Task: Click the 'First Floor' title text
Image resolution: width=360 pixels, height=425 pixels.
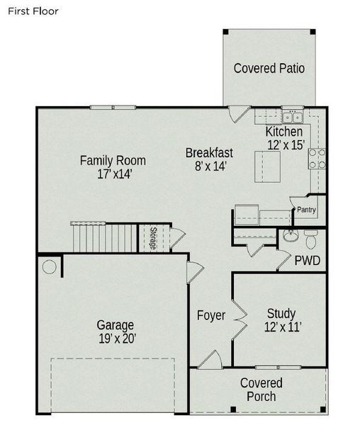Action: click(33, 11)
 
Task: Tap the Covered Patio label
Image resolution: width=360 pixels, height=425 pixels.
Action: click(269, 69)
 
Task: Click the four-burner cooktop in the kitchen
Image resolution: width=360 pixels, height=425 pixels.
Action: click(316, 159)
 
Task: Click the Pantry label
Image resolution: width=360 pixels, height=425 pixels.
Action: click(306, 210)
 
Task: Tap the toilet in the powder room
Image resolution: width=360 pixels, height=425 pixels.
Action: click(310, 236)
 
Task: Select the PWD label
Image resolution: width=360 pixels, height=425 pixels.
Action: click(308, 261)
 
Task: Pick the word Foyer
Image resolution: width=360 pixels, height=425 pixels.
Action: click(210, 315)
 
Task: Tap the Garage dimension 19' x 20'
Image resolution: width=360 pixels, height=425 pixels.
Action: click(116, 339)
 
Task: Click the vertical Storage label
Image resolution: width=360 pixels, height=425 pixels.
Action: click(152, 239)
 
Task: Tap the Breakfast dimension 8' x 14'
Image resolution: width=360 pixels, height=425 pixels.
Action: click(209, 166)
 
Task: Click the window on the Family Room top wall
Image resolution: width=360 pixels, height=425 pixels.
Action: click(112, 107)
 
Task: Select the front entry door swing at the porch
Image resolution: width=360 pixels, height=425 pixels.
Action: click(209, 359)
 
